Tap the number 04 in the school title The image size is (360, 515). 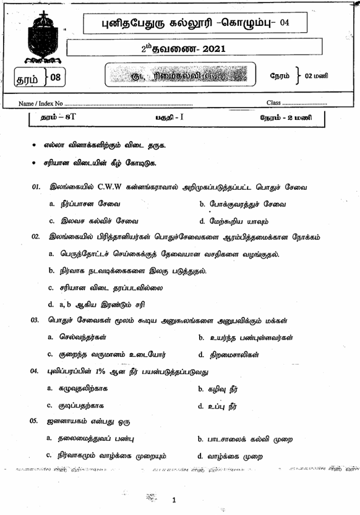(284, 23)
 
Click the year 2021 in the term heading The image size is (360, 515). (213, 48)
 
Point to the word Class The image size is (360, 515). (273, 102)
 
